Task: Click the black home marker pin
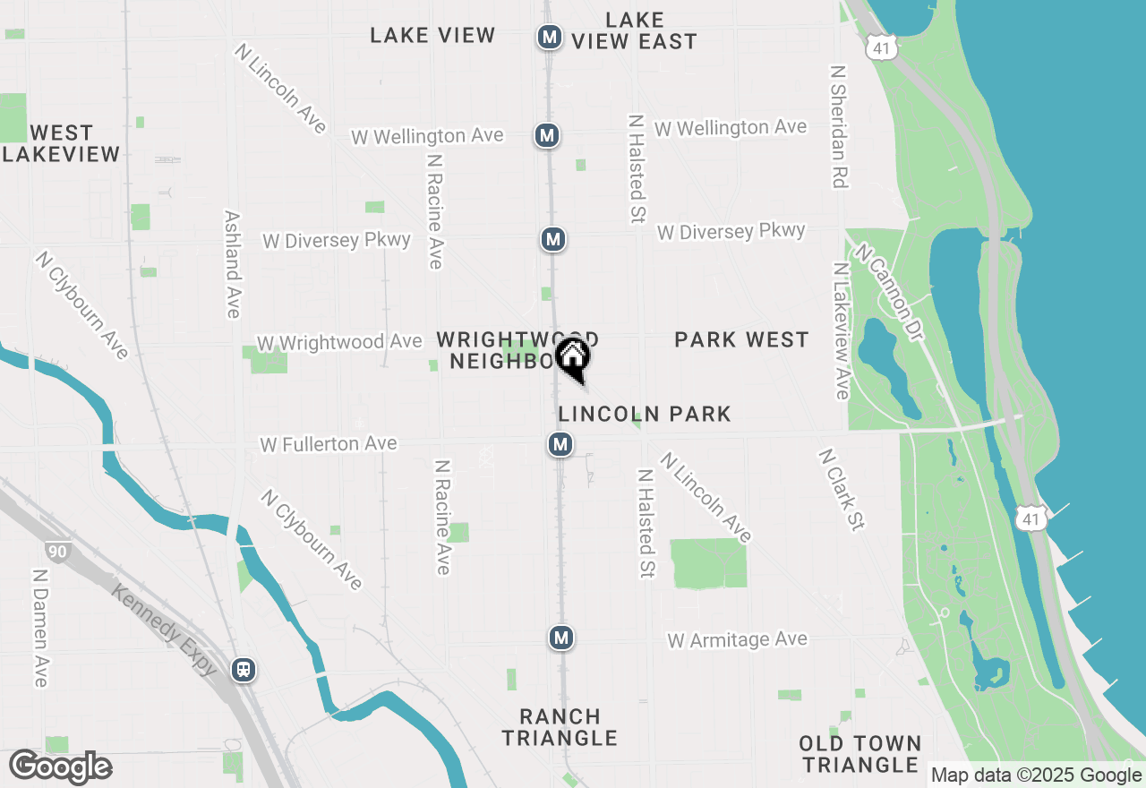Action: pos(573,358)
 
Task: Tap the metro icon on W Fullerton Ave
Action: pos(560,444)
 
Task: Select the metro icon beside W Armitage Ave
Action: pos(560,638)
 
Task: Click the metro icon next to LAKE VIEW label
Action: pos(549,38)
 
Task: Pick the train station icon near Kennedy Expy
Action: pos(243,669)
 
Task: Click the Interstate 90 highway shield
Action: pos(56,552)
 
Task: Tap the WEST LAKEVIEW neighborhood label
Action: pos(61,143)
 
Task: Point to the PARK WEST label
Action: pos(741,339)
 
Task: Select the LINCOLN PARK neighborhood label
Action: pos(645,414)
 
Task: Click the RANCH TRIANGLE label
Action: pos(560,727)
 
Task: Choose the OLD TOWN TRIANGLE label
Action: pos(859,754)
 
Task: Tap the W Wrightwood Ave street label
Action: pos(339,343)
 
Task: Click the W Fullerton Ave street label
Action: pos(328,444)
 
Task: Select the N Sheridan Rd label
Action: pos(838,125)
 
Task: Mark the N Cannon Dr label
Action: pos(889,284)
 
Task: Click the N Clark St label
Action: pos(841,490)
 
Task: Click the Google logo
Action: pos(61,767)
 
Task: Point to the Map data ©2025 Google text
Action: pos(1036,775)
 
